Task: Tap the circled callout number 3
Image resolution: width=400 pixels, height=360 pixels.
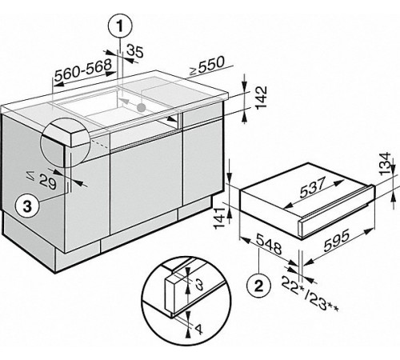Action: point(26,206)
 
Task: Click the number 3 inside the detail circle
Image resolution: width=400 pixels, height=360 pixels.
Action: point(201,283)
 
